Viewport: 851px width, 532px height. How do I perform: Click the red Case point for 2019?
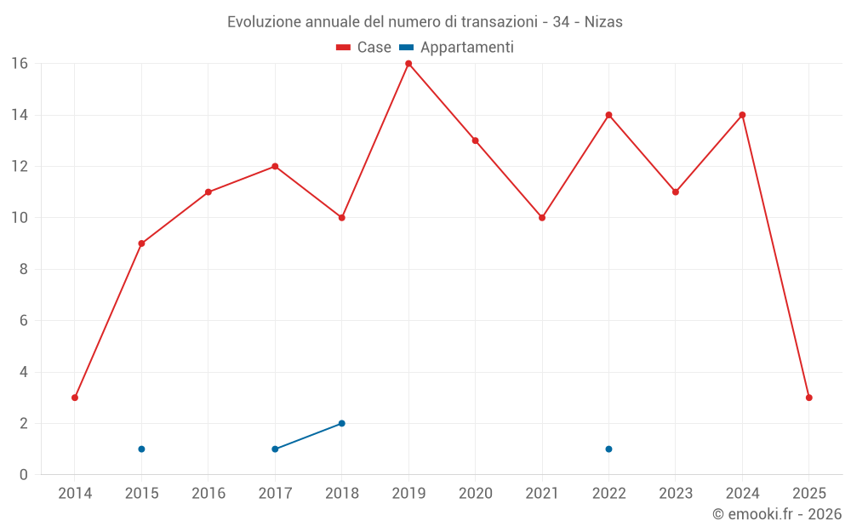(408, 64)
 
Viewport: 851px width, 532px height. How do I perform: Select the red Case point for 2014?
(75, 398)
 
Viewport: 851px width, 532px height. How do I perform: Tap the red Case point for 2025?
(808, 398)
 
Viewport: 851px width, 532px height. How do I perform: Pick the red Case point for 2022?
(608, 115)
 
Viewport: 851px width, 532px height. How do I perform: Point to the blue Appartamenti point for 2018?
(341, 423)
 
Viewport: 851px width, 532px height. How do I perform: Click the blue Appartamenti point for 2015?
(141, 449)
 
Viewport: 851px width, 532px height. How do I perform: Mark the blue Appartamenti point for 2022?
(608, 449)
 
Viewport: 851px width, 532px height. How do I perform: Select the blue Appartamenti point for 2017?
(275, 449)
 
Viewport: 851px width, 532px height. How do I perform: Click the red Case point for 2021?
(542, 218)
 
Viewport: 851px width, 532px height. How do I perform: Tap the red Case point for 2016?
(208, 192)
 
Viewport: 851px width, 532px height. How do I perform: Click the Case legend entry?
(364, 48)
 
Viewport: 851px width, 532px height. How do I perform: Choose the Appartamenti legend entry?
(457, 48)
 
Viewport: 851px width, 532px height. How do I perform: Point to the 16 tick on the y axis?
(19, 64)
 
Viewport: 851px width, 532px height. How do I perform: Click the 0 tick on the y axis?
(23, 475)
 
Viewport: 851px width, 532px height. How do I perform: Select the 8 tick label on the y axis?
(23, 269)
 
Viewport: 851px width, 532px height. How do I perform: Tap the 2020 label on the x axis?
(475, 494)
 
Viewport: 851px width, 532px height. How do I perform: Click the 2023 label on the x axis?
(676, 494)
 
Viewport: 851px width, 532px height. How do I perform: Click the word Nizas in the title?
(603, 22)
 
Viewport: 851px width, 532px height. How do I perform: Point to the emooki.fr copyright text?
(777, 514)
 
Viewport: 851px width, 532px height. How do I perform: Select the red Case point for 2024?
(742, 115)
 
